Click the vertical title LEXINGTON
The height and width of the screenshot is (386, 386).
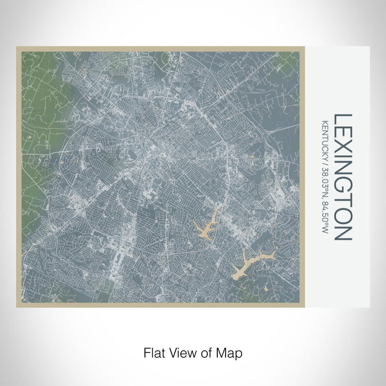click(344, 177)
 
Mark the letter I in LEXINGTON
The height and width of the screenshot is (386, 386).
click(344, 157)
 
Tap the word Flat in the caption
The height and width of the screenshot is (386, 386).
click(153, 351)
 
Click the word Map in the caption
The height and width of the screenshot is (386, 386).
click(232, 351)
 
